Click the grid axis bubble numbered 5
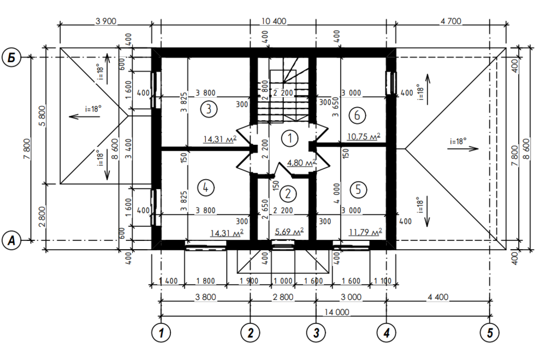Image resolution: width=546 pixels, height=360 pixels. click(x=489, y=331)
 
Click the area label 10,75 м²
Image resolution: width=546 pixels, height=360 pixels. click(x=363, y=136)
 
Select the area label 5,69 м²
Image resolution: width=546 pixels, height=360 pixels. click(x=290, y=232)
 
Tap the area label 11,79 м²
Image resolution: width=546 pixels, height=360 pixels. click(x=364, y=233)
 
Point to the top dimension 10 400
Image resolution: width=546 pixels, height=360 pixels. click(x=274, y=21)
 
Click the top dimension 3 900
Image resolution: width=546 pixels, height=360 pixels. click(x=106, y=21)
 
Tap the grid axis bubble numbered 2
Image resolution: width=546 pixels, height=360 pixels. click(x=250, y=331)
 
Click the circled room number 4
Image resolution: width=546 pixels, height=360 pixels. click(x=205, y=187)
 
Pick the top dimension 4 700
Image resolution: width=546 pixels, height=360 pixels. click(x=450, y=21)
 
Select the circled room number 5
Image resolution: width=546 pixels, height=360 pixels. click(x=358, y=190)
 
